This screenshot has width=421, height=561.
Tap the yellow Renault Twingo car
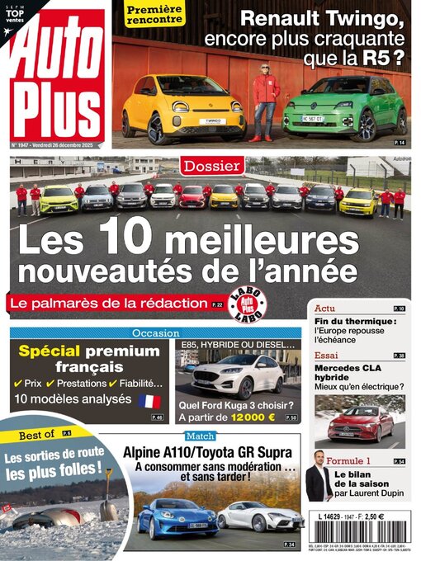click(x=184, y=107)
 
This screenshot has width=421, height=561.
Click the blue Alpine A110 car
click(x=177, y=518)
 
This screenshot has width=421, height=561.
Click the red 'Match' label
click(x=200, y=436)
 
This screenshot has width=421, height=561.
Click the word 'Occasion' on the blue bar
click(x=155, y=332)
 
